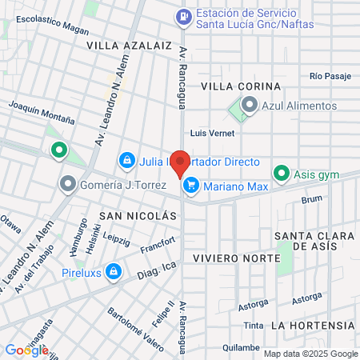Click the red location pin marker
[x=181, y=162]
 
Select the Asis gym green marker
[x=281, y=174]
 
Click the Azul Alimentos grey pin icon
[x=249, y=105]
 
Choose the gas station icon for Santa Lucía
[x=184, y=14]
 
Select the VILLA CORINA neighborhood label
[x=241, y=86]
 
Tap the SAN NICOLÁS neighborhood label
[x=137, y=216]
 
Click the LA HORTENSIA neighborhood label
[x=312, y=326]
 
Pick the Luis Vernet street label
[x=211, y=134]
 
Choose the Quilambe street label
[x=241, y=348]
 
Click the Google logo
[x=26, y=350]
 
